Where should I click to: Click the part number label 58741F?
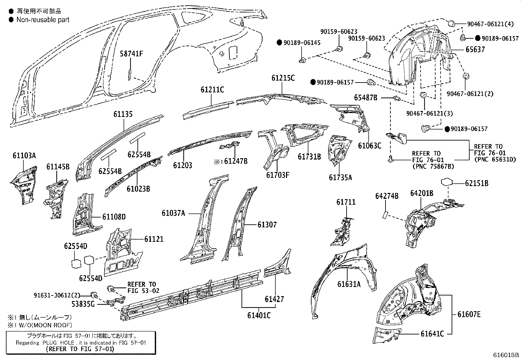coord(131,54)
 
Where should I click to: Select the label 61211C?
coord(212,89)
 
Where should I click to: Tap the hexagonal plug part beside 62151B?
coord(447,182)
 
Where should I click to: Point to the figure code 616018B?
coord(506,355)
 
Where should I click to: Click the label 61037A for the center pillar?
coord(173,213)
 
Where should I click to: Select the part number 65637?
coord(475,50)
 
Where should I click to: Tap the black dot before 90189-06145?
coord(279,42)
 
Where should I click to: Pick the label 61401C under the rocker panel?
coord(259,315)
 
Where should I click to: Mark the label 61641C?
coord(432,334)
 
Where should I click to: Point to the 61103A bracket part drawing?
coord(24,185)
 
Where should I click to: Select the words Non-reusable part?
coord(43,20)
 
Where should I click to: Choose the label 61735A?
coord(340,178)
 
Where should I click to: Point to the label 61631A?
coord(349,284)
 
